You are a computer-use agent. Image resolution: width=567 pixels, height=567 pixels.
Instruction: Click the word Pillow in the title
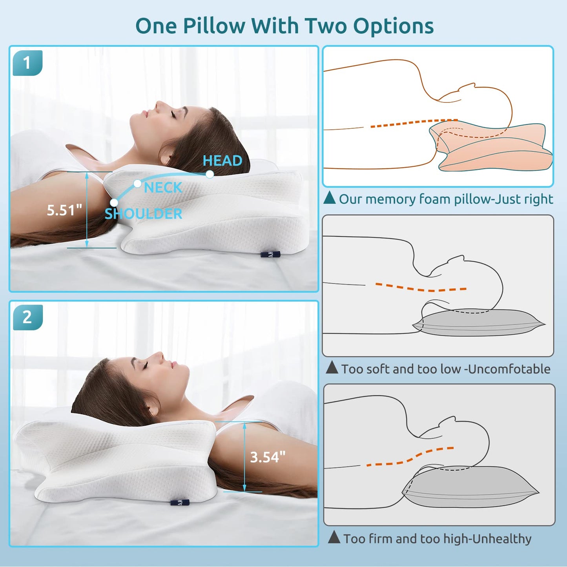pyautogui.click(x=214, y=26)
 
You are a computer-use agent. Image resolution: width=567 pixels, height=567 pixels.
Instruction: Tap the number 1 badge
pyautogui.click(x=27, y=63)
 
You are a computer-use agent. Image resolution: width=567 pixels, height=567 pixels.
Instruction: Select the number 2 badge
pyautogui.click(x=27, y=317)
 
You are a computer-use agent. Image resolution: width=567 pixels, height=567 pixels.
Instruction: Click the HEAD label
pyautogui.click(x=222, y=160)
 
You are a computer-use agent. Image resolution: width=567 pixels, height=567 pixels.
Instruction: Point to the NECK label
pyautogui.click(x=163, y=188)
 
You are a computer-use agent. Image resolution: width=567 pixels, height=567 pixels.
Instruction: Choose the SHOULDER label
pyautogui.click(x=143, y=213)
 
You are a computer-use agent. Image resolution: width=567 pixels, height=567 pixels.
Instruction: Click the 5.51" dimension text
pyautogui.click(x=64, y=210)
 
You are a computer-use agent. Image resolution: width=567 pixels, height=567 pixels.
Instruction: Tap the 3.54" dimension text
pyautogui.click(x=268, y=457)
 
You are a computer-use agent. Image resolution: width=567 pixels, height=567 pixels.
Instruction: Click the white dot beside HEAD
pyautogui.click(x=210, y=175)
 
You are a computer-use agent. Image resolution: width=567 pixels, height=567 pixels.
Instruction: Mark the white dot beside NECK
pyautogui.click(x=137, y=184)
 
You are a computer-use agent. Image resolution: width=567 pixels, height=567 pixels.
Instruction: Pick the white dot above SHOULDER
pyautogui.click(x=114, y=203)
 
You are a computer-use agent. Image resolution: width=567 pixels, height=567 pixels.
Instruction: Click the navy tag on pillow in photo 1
pyautogui.click(x=271, y=254)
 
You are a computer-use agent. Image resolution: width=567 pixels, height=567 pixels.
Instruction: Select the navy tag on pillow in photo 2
pyautogui.click(x=180, y=502)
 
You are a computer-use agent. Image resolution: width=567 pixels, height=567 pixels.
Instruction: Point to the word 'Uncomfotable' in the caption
pyautogui.click(x=509, y=369)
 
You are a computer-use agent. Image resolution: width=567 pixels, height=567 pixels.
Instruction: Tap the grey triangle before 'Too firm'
pyautogui.click(x=334, y=537)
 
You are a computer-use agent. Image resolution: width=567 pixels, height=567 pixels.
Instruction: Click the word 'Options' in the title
pyautogui.click(x=393, y=26)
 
